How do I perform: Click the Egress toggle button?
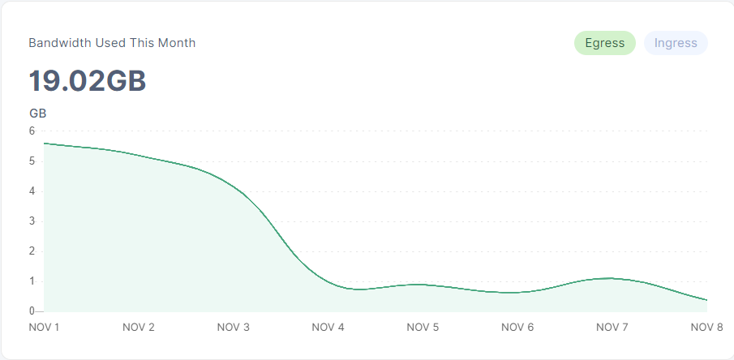tap(604, 44)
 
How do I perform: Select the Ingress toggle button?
tap(676, 44)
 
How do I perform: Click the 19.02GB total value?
tap(88, 81)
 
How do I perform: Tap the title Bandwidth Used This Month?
tap(112, 43)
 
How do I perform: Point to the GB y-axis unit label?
tap(37, 114)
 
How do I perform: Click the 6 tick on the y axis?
tap(32, 131)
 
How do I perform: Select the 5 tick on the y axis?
tap(32, 161)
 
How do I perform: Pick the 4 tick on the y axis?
tap(32, 191)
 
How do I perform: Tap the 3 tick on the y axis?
tap(32, 221)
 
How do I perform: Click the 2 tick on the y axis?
tap(32, 251)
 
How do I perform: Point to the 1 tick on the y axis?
tap(32, 281)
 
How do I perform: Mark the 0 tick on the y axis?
tap(32, 311)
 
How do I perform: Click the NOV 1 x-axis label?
tap(44, 328)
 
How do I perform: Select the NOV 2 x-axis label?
tap(139, 328)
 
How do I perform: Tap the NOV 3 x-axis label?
tap(234, 328)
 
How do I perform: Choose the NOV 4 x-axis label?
tap(328, 328)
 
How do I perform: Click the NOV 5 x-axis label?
tap(423, 328)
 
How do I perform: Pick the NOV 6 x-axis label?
tap(517, 328)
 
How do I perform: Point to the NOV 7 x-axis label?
tap(612, 328)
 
